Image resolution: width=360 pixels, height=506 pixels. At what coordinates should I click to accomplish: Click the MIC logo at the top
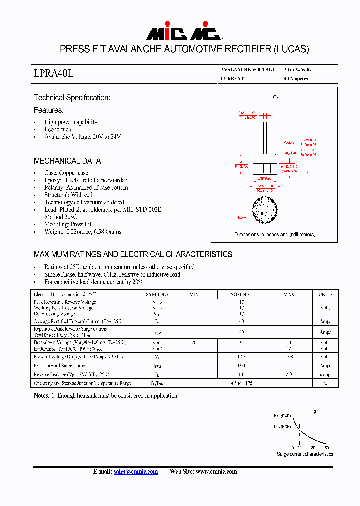tap(183, 33)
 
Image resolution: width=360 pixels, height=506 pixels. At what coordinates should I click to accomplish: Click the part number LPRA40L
tap(53, 73)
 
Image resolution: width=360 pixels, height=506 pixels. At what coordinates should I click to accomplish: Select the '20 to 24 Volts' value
tap(297, 70)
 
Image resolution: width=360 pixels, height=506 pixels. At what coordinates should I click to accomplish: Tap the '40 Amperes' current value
tap(296, 79)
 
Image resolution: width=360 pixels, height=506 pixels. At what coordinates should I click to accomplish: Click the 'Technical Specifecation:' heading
tap(72, 98)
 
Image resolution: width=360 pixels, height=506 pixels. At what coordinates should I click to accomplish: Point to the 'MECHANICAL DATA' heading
tap(67, 161)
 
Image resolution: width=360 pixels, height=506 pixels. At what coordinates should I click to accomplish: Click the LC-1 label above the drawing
tap(275, 98)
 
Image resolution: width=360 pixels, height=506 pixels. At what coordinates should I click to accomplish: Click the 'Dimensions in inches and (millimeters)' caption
tap(275, 234)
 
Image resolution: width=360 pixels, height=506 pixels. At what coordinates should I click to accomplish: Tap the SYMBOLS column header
tap(157, 295)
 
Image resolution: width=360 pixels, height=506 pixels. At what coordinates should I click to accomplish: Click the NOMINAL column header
tap(241, 295)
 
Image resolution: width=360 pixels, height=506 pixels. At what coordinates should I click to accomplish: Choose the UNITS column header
tap(325, 295)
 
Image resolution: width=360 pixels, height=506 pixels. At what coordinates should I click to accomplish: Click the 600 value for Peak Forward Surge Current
tap(241, 366)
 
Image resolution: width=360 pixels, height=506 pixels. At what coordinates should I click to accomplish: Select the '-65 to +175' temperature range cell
tap(241, 383)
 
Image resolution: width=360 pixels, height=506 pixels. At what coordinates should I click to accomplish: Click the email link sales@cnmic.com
tap(136, 471)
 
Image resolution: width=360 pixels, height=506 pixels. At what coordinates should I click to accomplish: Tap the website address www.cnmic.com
tap(216, 471)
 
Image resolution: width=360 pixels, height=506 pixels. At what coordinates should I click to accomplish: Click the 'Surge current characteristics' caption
tap(305, 454)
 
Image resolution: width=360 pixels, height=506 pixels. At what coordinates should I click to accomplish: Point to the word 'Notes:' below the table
tap(41, 395)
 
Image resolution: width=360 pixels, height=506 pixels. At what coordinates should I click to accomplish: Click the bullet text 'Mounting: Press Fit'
tap(68, 224)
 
